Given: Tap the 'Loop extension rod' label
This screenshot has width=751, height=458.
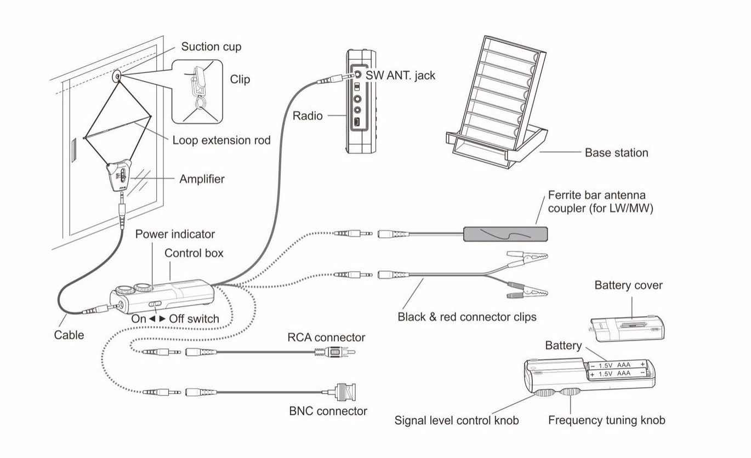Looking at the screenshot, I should click(x=221, y=140).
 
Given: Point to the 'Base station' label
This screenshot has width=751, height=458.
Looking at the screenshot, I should click(x=616, y=153).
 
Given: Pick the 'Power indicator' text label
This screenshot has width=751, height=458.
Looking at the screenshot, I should click(x=175, y=234).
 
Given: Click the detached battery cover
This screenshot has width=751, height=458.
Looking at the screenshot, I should click(x=628, y=327).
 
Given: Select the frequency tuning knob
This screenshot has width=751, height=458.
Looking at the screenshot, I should click(x=571, y=393).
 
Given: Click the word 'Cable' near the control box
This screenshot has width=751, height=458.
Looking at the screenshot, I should click(x=69, y=335).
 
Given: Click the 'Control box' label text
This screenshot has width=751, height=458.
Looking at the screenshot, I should click(x=194, y=253).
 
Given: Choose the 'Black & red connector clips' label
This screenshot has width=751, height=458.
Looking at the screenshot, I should click(x=466, y=317).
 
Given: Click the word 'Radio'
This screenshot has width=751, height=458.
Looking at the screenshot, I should click(x=308, y=116).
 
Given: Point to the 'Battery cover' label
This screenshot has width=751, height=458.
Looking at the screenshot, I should click(x=628, y=285).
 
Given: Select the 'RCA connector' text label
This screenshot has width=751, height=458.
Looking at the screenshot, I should click(x=326, y=337).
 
